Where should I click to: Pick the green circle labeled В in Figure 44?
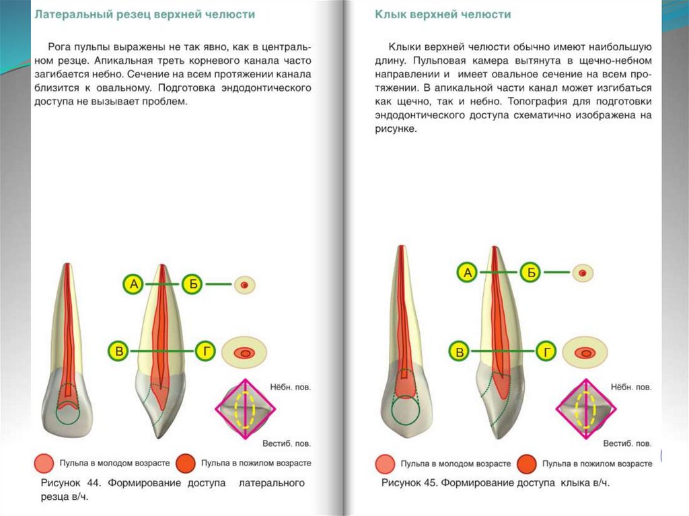point(119,351)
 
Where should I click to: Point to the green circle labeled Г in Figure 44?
point(207,351)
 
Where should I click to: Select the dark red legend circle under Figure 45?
point(528,464)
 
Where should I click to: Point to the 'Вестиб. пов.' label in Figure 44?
point(287,444)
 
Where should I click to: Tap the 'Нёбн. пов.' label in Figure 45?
point(630,388)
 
